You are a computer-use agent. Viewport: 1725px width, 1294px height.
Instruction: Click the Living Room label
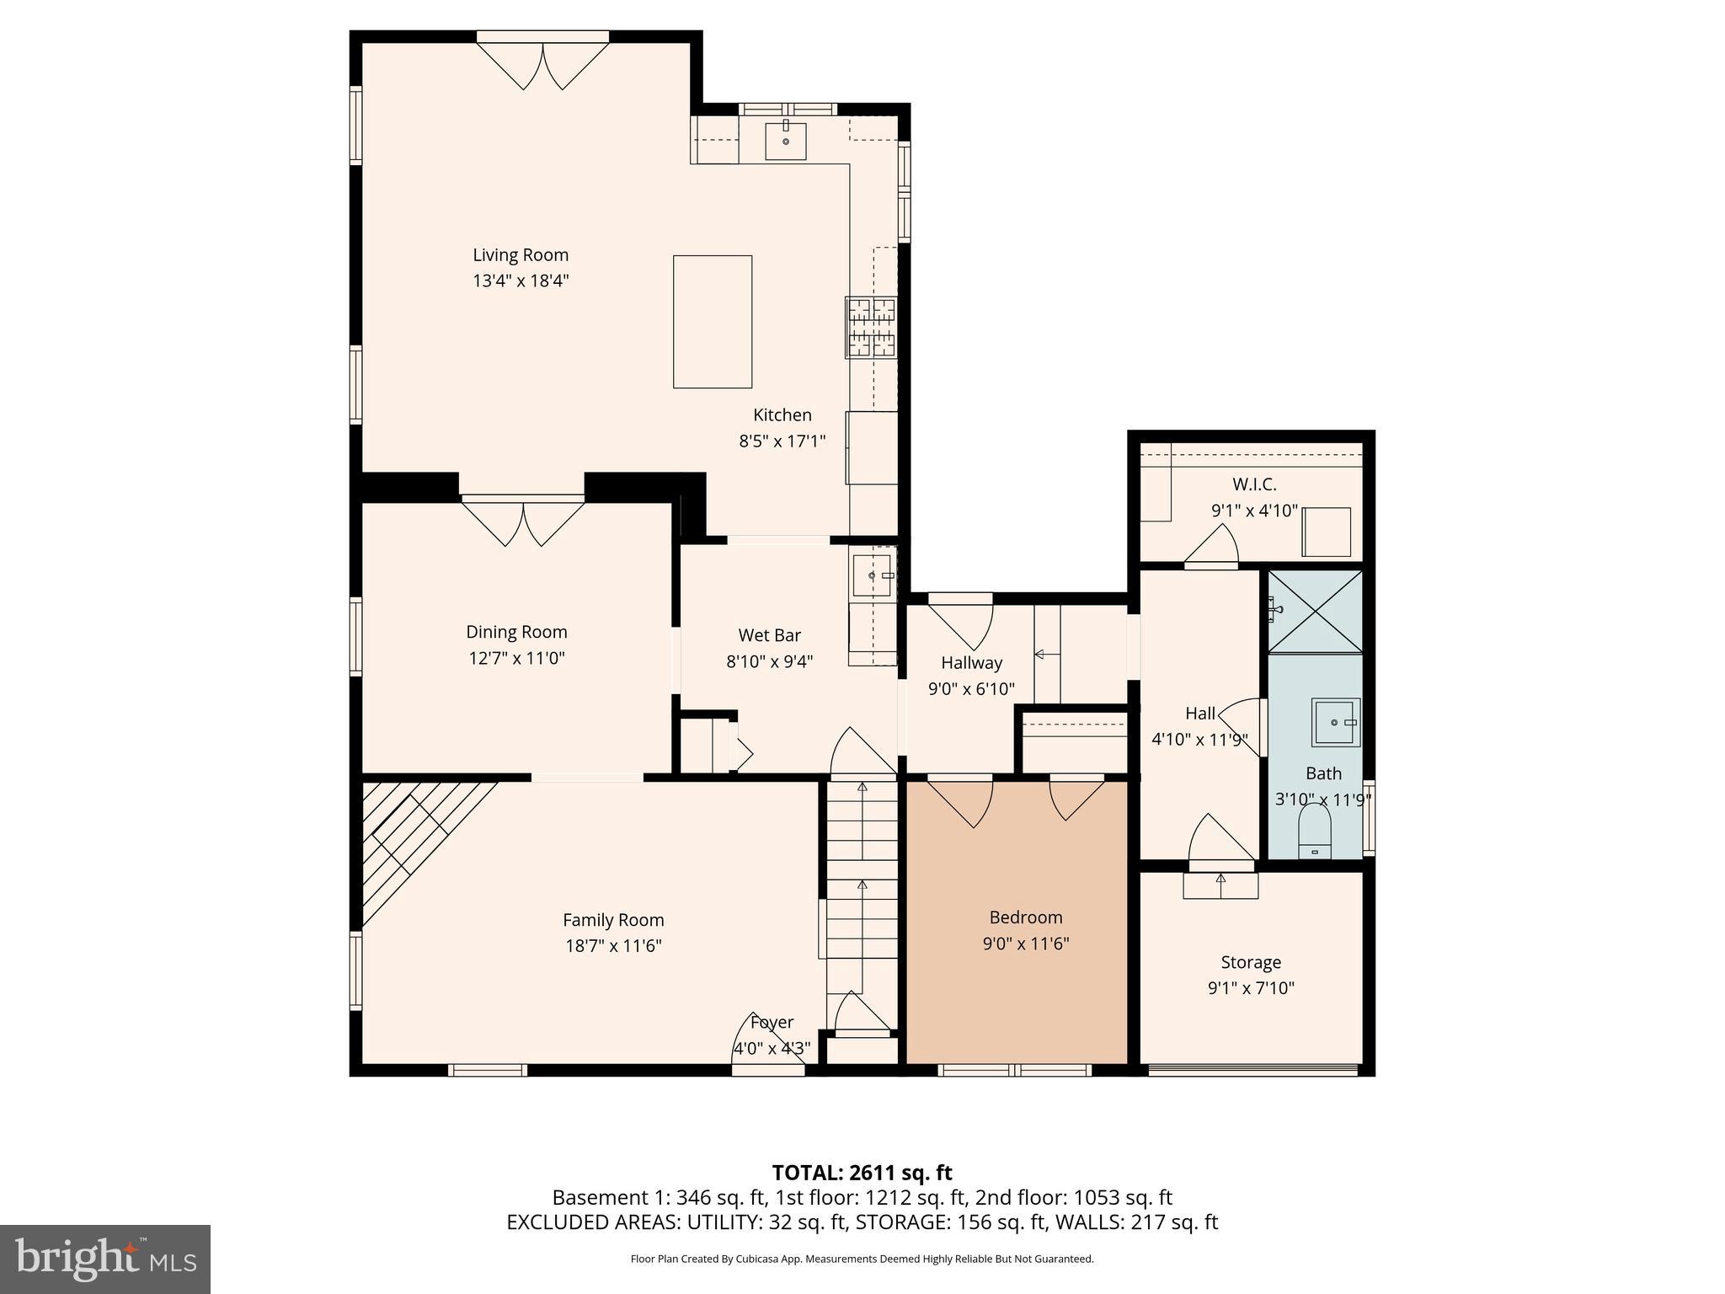pos(520,255)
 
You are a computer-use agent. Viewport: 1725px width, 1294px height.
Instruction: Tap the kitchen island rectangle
pos(712,322)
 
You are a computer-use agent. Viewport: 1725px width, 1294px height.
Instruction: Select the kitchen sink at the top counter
pos(785,141)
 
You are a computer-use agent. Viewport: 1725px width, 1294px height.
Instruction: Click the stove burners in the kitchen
pos(871,328)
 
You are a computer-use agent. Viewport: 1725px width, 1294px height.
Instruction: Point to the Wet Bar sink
pos(872,575)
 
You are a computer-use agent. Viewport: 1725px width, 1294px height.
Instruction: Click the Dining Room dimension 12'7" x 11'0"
pos(516,658)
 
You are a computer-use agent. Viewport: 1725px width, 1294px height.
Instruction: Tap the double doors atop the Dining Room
pos(523,522)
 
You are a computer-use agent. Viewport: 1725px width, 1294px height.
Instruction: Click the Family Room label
pos(613,920)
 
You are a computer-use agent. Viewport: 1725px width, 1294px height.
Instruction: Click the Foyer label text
pos(772,1023)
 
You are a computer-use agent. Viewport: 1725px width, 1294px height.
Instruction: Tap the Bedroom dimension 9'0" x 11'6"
pos(1025,944)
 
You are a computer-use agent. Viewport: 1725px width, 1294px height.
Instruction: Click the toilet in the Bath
pos(1314,831)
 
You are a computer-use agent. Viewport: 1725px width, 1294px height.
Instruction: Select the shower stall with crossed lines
pos(1315,612)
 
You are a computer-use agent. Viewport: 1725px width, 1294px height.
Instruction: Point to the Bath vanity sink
pos(1336,722)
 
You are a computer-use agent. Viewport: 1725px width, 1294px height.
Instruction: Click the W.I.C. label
pos(1254,484)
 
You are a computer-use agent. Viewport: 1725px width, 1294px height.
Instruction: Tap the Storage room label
pos(1251,962)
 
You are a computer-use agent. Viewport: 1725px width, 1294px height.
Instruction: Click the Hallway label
pos(971,663)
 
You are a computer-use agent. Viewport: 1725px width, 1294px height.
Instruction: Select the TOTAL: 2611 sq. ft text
pos(862,1173)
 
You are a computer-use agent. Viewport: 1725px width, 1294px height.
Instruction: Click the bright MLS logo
pos(105,1259)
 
